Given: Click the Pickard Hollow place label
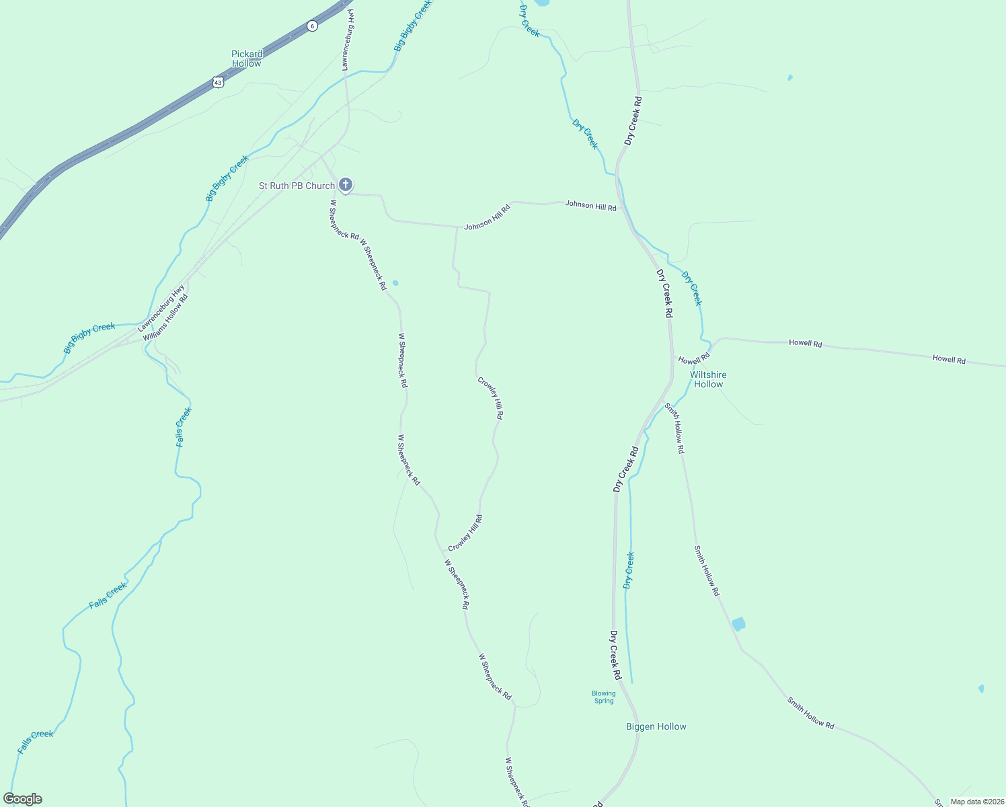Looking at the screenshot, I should (x=247, y=59).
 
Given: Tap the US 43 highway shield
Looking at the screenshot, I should (x=217, y=82).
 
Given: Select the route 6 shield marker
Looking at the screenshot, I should (x=312, y=26).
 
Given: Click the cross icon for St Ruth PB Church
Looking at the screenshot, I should (x=345, y=184).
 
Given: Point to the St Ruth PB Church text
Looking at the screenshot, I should (x=297, y=186).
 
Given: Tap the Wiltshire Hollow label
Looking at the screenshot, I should (x=708, y=379).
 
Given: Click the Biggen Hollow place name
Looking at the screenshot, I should (x=656, y=726).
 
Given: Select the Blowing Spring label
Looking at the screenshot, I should (x=603, y=697).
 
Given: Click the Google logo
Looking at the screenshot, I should (x=23, y=799).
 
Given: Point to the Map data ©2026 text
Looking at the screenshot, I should (x=976, y=802).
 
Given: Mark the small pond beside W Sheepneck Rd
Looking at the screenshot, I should (x=395, y=283).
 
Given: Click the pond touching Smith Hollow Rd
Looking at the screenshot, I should (x=738, y=623).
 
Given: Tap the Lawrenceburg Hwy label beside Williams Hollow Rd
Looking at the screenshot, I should (x=161, y=308).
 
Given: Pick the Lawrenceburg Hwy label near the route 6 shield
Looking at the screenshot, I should (x=348, y=40).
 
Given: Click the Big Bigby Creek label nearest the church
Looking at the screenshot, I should (x=227, y=178).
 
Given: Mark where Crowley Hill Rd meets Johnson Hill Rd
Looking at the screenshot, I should (x=457, y=227).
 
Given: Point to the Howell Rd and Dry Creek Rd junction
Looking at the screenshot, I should (x=673, y=356).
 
